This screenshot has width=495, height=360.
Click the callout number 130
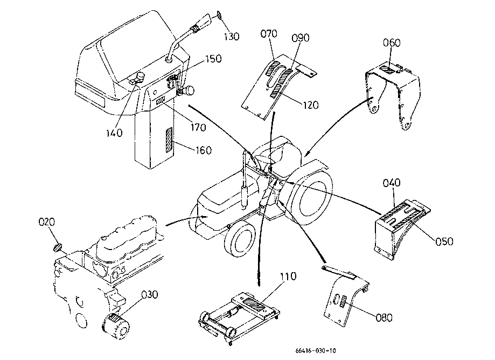tap(232, 37)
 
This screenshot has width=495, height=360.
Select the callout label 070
tap(269, 33)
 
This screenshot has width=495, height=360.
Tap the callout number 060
tap(392, 43)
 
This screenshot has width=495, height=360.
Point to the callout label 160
tap(204, 150)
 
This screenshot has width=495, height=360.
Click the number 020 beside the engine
tap(47, 222)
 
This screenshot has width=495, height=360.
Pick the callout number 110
tap(289, 276)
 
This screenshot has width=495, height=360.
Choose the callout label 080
tap(384, 317)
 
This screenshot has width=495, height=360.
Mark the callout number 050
tap(444, 241)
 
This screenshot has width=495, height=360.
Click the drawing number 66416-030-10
tap(316, 350)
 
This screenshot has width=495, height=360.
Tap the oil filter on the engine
tap(116, 327)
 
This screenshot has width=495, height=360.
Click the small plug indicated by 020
tap(57, 247)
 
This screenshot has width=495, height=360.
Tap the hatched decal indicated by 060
tap(388, 70)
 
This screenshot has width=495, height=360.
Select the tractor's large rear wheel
tap(311, 197)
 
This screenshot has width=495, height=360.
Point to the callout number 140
tap(114, 133)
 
